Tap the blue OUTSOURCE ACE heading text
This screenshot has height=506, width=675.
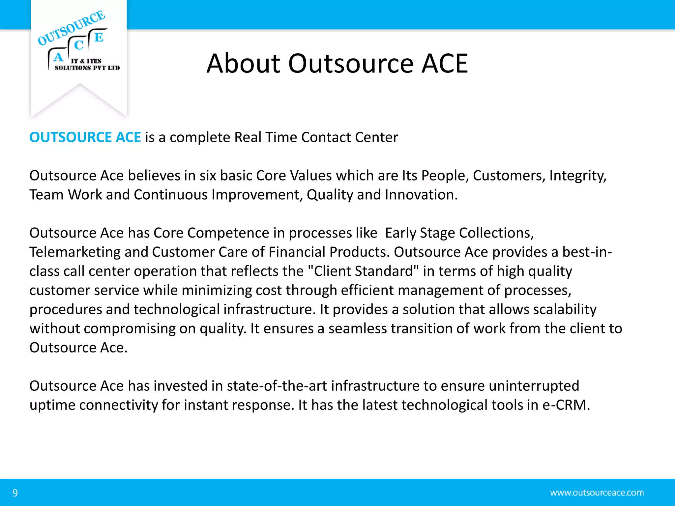pyautogui.click(x=85, y=137)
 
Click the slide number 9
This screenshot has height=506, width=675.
pyautogui.click(x=15, y=493)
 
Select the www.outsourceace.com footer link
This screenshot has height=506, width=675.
pyautogui.click(x=597, y=493)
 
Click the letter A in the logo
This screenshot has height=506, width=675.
pyautogui.click(x=58, y=57)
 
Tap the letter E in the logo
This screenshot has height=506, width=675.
pyautogui.click(x=99, y=37)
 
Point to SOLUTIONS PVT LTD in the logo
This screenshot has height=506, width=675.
pyautogui.click(x=87, y=68)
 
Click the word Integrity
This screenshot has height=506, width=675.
pyautogui.click(x=577, y=176)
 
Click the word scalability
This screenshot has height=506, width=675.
pyautogui.click(x=565, y=309)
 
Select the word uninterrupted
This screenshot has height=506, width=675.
pyautogui.click(x=534, y=386)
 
